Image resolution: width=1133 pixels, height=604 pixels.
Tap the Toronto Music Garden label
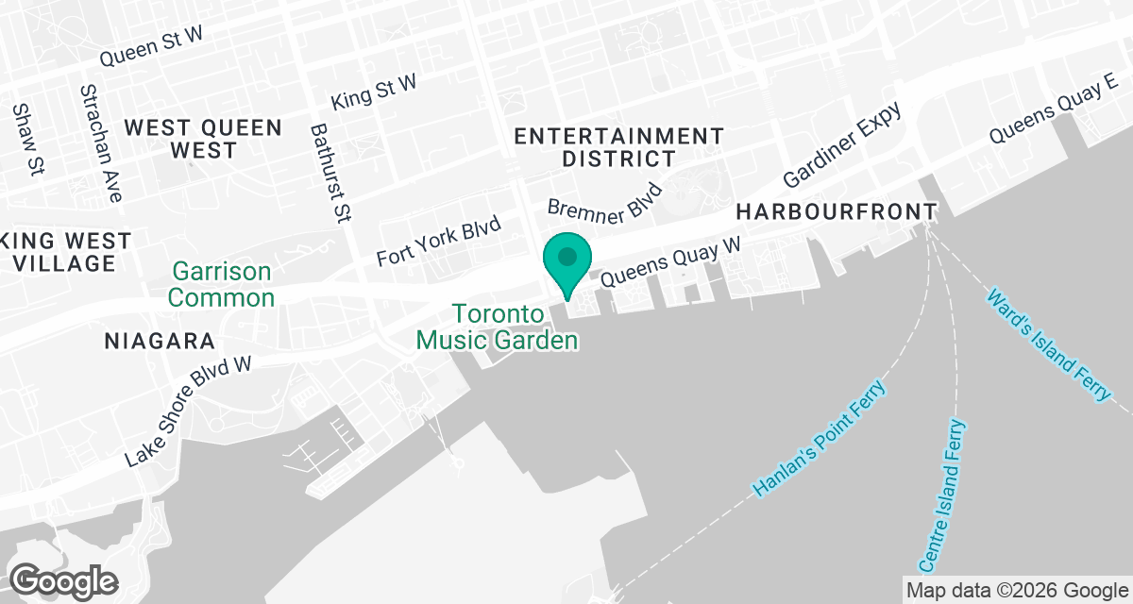click(x=499, y=327)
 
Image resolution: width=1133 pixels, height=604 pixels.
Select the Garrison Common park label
click(x=223, y=284)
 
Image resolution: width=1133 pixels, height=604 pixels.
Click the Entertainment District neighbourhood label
click(x=618, y=147)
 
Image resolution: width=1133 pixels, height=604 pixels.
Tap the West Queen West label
click(x=203, y=139)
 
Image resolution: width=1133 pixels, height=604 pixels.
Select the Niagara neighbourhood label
click(x=160, y=341)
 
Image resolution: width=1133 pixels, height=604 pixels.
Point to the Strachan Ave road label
click(x=102, y=143)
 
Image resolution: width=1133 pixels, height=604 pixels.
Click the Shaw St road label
click(x=28, y=139)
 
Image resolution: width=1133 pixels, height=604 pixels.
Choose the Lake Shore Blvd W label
click(x=190, y=411)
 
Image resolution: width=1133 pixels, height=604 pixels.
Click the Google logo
click(x=63, y=579)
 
